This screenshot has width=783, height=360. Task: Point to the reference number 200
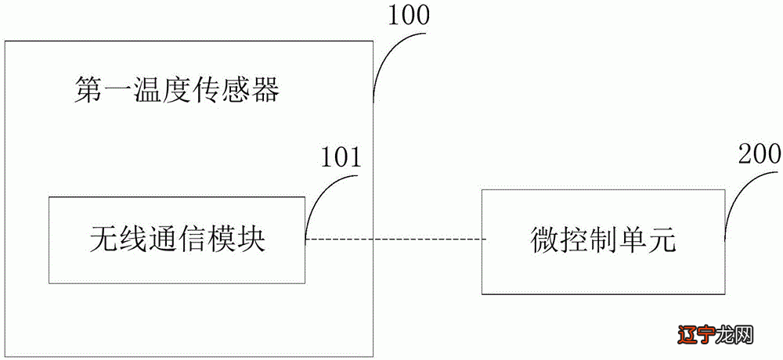click(759, 153)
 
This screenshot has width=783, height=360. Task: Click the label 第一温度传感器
click(177, 91)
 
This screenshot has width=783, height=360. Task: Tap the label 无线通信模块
click(177, 239)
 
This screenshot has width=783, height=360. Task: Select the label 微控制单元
click(602, 240)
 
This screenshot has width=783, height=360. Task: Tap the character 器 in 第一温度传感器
click(266, 91)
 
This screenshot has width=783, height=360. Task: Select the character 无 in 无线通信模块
click(103, 239)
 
